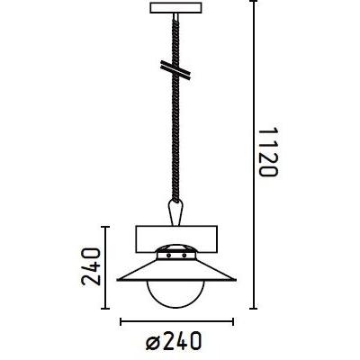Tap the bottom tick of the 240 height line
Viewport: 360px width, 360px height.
pyautogui.click(x=105, y=306)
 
